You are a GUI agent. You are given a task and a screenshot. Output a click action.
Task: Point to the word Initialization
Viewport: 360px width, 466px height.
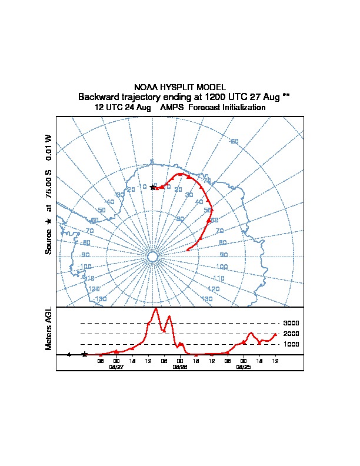tap(240, 108)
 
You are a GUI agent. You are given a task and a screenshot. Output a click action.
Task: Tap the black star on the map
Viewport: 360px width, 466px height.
tap(153, 187)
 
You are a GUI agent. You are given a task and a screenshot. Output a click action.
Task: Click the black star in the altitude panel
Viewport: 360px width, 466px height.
tap(85, 354)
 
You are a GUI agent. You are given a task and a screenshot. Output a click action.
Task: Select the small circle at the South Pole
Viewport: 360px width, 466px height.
tap(152, 257)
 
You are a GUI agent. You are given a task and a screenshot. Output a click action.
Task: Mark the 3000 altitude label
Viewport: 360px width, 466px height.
tap(291, 323)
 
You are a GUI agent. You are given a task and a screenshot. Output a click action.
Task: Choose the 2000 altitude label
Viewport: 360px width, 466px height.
tap(291, 334)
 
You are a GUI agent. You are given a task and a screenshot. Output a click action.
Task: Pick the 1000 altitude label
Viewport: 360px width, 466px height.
tap(291, 344)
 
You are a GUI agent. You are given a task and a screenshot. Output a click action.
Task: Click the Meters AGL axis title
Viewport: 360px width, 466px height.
tap(49, 328)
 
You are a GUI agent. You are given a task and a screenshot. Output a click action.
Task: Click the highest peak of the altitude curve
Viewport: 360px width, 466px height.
tap(156, 308)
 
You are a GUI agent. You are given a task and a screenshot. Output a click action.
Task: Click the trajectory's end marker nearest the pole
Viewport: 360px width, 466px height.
tap(188, 250)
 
